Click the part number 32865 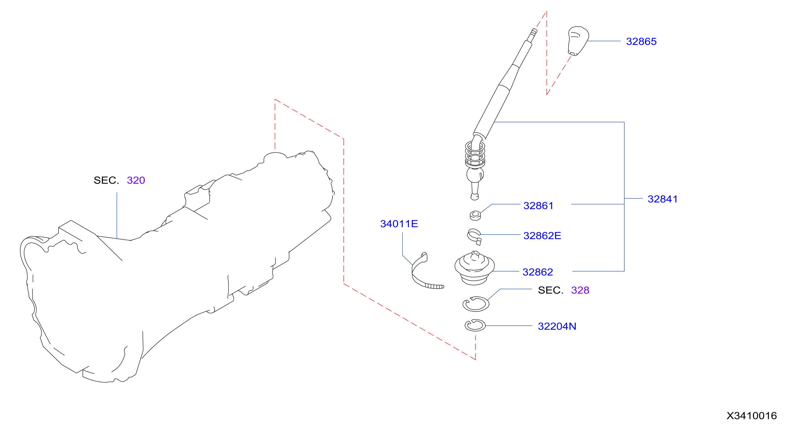coord(641,41)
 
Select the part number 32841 coord(662,199)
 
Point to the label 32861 coord(538,206)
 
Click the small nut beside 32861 coord(475,216)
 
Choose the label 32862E coord(542,236)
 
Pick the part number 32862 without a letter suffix coord(538,272)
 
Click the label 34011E coord(399,224)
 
